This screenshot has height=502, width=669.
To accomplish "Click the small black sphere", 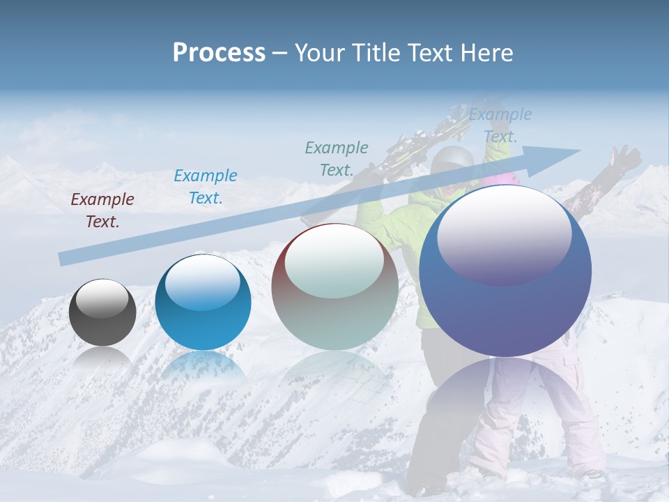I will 102,312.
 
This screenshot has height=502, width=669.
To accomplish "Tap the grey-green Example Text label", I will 337,158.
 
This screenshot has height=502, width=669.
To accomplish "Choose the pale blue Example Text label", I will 500,126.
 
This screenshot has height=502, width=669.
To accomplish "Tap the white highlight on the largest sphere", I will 504,234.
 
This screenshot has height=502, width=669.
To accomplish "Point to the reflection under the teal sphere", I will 203,366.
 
